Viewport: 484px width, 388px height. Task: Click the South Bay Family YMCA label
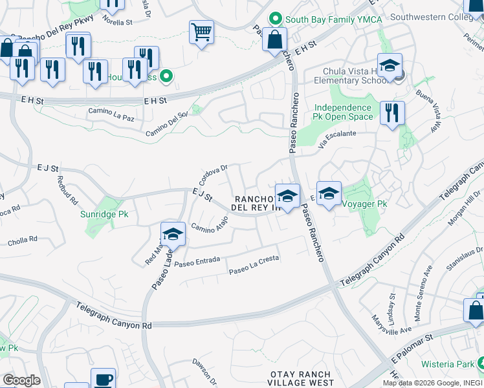pos(329,19)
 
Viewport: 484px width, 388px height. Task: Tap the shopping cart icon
pos(201,32)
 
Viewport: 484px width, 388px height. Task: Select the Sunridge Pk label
pos(104,214)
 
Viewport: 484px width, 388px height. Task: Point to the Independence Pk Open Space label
pos(344,112)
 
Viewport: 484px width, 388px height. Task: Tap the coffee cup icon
pos(102,379)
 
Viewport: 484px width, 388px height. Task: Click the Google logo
pos(21,380)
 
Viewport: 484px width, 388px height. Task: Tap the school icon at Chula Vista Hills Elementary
pos(390,66)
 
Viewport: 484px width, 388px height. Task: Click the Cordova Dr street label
pos(215,174)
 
